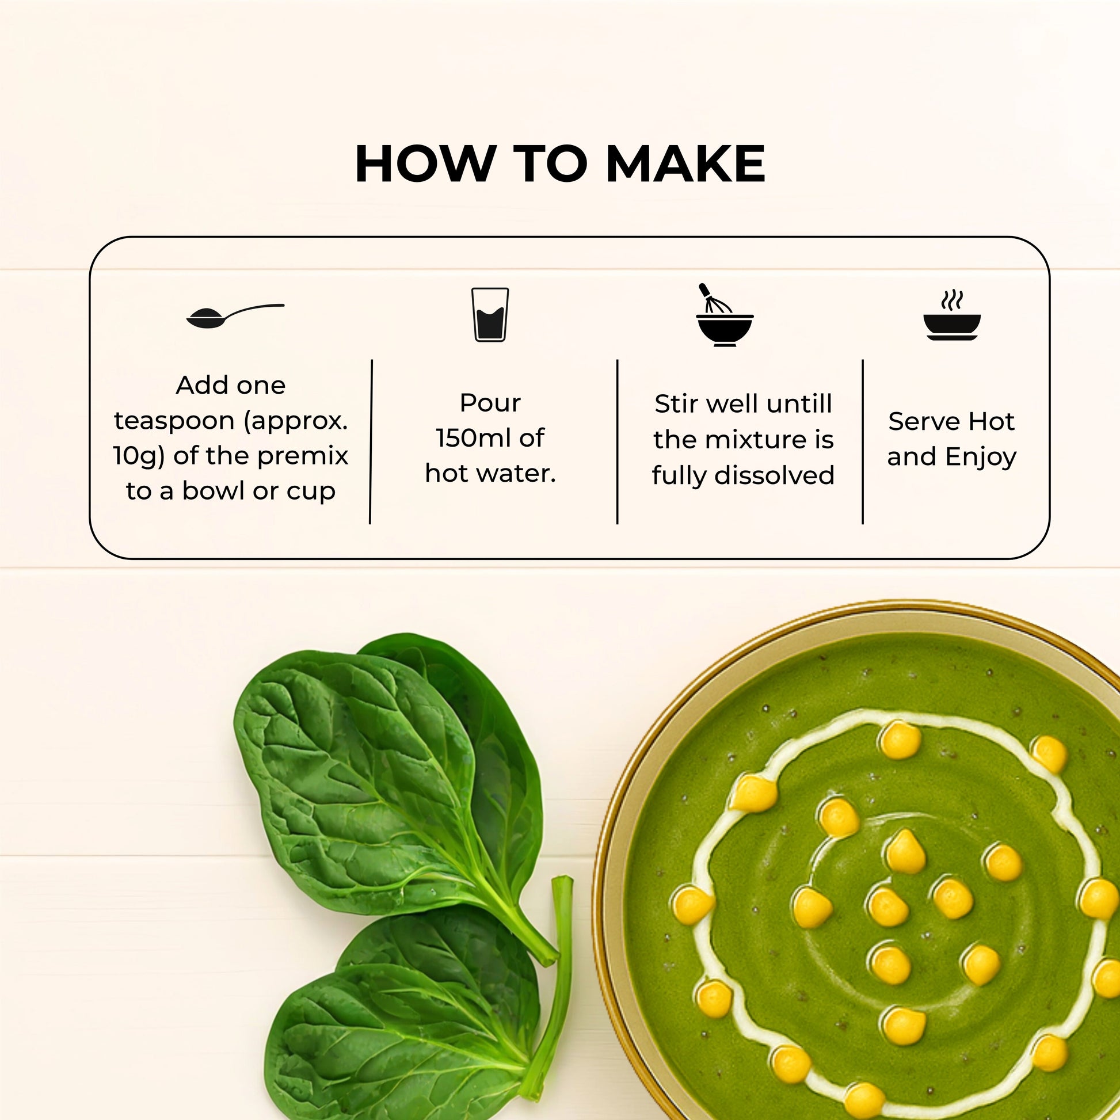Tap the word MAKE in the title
click(x=685, y=163)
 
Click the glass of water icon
click(x=490, y=314)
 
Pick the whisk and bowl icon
click(x=724, y=315)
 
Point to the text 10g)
click(x=139, y=456)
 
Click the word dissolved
click(x=775, y=475)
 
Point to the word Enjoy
click(x=981, y=458)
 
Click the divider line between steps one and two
click(x=371, y=442)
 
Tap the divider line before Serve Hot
click(x=863, y=442)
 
